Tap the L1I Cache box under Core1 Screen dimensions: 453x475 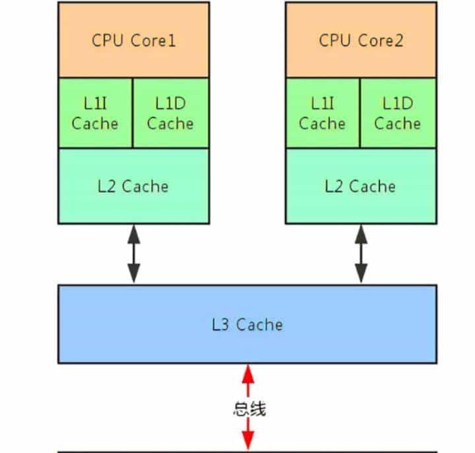pyautogui.click(x=95, y=113)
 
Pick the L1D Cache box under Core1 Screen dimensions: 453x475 pyautogui.click(x=170, y=113)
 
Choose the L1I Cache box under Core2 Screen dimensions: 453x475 pyautogui.click(x=323, y=113)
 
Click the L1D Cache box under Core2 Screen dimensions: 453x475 pyautogui.click(x=398, y=113)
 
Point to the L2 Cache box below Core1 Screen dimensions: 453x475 pyautogui.click(x=133, y=186)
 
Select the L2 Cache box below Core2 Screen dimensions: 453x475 pyautogui.click(x=361, y=186)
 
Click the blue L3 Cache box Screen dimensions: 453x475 pyautogui.click(x=247, y=324)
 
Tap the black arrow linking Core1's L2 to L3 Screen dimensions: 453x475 pyautogui.click(x=134, y=254)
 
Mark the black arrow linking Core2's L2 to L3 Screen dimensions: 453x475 pyautogui.click(x=362, y=254)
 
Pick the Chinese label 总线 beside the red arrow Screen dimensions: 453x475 pyautogui.click(x=249, y=409)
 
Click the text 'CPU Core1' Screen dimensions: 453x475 pyautogui.click(x=133, y=40)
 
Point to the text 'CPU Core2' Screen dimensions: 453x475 pyautogui.click(x=361, y=40)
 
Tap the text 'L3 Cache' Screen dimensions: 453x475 pyautogui.click(x=247, y=324)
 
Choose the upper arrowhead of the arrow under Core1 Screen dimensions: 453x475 pyautogui.click(x=134, y=232)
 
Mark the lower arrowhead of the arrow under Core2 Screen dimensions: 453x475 pyautogui.click(x=362, y=276)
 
